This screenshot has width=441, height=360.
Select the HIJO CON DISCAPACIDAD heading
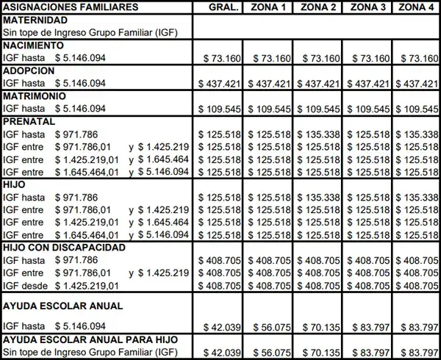tap(65, 248)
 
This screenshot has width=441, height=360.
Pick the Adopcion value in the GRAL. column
tap(221, 84)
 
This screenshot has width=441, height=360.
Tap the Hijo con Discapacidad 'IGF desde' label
tap(24, 286)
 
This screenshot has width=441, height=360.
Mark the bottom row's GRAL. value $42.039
tap(221, 353)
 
